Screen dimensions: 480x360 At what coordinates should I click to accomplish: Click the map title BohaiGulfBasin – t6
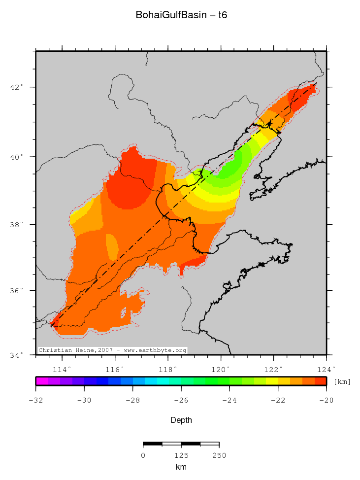coord(181,15)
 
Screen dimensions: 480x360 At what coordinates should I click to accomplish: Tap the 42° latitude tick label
coord(18,87)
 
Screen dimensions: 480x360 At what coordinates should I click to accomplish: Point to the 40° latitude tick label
coord(18,157)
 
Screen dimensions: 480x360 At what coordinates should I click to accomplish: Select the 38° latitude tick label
coord(18,225)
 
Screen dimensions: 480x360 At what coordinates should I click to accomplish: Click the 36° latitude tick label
coord(18,291)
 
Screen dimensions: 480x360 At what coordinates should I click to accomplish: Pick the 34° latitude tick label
coord(18,355)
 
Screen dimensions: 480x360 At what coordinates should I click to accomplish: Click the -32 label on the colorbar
coord(35,400)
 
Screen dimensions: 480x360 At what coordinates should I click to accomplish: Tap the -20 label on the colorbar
coord(326,400)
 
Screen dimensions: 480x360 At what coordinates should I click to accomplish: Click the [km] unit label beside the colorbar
coord(342,381)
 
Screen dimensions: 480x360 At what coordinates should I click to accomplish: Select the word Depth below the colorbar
coord(181,420)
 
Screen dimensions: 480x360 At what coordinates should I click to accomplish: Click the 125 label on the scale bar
coord(181,455)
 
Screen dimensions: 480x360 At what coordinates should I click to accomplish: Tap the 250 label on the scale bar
coord(219,455)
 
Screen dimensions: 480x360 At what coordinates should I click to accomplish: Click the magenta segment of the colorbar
coord(41,381)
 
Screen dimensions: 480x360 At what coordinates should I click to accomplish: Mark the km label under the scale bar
coord(181,467)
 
